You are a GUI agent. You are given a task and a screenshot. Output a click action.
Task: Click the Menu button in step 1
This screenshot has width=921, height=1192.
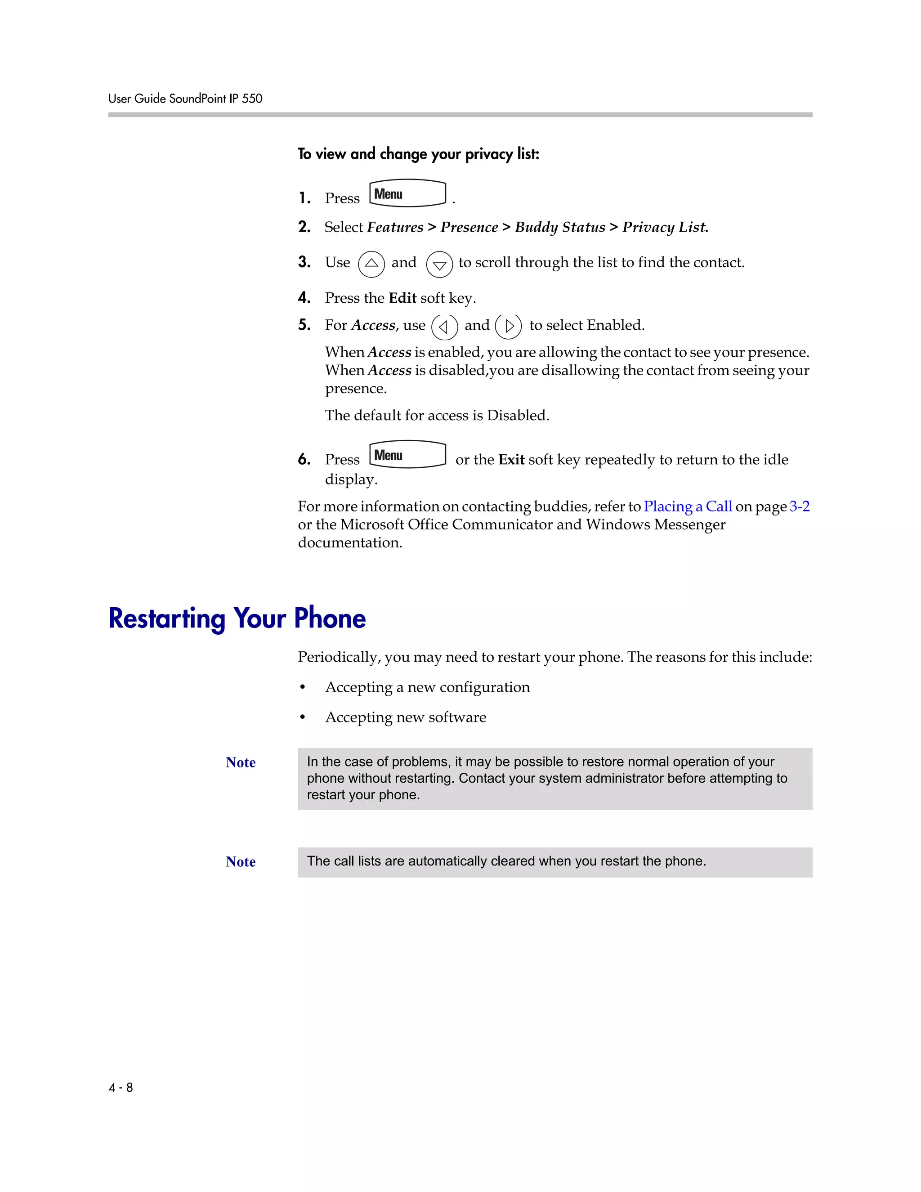(407, 194)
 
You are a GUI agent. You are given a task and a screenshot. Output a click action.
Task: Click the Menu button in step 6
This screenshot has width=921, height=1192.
(407, 455)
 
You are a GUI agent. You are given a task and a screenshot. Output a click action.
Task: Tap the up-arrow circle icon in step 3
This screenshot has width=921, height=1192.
(371, 264)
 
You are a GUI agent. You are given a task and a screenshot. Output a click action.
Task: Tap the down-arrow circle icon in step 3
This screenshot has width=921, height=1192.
(439, 264)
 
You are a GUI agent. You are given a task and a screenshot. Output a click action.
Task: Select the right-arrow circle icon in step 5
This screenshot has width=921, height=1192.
(509, 327)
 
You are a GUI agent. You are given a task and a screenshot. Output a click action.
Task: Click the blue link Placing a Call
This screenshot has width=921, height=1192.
(688, 506)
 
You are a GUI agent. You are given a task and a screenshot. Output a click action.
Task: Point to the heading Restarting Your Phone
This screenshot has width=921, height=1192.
(237, 618)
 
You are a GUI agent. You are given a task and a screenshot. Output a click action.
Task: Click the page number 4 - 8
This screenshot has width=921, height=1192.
(121, 1087)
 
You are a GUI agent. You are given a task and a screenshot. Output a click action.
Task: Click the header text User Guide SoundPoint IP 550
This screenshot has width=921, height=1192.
(185, 99)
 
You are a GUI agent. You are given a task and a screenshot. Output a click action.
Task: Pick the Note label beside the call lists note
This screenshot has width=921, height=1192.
(241, 862)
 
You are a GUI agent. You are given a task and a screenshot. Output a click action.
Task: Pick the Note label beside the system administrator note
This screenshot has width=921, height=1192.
(241, 762)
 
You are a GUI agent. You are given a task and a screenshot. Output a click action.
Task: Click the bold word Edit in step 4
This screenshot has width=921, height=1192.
(402, 298)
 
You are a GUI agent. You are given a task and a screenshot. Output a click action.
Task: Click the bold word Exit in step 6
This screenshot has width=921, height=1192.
(511, 460)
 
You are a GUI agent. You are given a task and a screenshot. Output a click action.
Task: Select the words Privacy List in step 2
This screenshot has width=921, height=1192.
(665, 227)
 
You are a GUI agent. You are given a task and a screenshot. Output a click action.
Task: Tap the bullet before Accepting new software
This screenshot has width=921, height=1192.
(303, 717)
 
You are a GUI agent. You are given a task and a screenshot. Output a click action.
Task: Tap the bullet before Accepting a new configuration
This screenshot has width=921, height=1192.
(303, 687)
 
